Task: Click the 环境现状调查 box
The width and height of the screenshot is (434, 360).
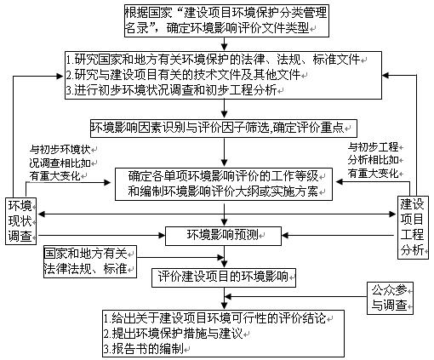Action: [21, 221]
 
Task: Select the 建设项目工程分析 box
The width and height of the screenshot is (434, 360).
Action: [413, 227]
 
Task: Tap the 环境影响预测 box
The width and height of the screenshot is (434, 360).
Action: [223, 236]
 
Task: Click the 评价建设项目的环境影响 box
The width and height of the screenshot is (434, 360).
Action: [223, 277]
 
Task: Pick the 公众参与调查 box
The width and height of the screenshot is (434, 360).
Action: [390, 298]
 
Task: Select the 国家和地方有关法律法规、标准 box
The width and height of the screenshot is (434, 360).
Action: [90, 261]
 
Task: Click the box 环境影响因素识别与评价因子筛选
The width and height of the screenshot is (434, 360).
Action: [223, 129]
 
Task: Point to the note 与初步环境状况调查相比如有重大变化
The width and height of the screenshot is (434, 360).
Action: [60, 163]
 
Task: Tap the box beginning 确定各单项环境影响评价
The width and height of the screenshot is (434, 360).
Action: [224, 184]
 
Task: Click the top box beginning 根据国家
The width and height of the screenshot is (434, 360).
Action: [226, 20]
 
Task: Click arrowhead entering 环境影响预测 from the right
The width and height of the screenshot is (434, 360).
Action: [285, 235]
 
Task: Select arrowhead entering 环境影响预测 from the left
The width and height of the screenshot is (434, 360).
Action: [162, 235]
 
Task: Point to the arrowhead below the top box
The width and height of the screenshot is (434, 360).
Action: [224, 47]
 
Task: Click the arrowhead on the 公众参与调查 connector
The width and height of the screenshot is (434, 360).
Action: [228, 297]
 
